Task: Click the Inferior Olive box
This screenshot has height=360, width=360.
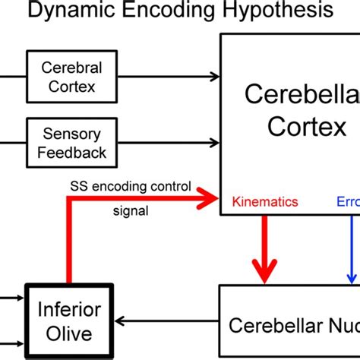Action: coord(71,321)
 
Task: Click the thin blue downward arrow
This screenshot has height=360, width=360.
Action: coord(352,251)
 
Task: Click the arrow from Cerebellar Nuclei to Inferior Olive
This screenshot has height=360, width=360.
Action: coord(167,322)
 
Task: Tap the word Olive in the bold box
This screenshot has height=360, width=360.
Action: coord(71,333)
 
